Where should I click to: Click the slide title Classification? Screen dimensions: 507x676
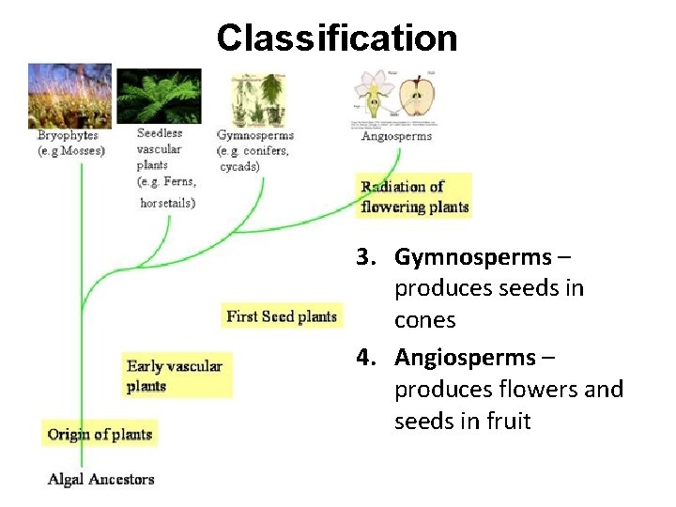pyautogui.click(x=337, y=38)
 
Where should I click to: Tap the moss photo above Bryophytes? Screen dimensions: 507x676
pyautogui.click(x=69, y=95)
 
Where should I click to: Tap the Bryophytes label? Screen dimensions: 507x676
pyautogui.click(x=68, y=136)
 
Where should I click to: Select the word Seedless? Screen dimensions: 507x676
pyautogui.click(x=160, y=133)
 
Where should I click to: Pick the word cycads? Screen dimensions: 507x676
pyautogui.click(x=240, y=166)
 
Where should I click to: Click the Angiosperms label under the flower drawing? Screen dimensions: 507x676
pyautogui.click(x=397, y=136)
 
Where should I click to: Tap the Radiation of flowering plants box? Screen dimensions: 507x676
pyautogui.click(x=414, y=197)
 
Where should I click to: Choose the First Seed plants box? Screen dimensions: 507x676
pyautogui.click(x=282, y=316)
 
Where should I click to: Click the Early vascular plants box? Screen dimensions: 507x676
pyautogui.click(x=176, y=376)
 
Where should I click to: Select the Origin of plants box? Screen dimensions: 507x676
pyautogui.click(x=100, y=434)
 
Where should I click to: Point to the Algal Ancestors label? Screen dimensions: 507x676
pyautogui.click(x=101, y=479)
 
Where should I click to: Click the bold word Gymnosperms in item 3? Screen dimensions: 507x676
pyautogui.click(x=473, y=256)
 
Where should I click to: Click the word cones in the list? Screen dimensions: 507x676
pyautogui.click(x=425, y=320)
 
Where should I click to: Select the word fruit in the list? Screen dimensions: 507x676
pyautogui.click(x=508, y=422)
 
